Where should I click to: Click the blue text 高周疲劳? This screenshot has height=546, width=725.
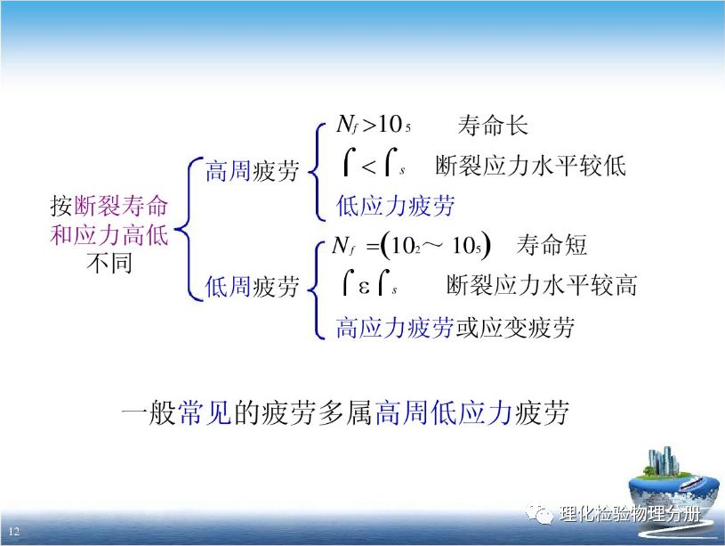[252, 170]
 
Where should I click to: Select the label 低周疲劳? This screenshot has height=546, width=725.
[252, 286]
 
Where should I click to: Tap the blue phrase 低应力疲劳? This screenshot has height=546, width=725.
[395, 206]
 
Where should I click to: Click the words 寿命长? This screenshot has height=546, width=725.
[493, 126]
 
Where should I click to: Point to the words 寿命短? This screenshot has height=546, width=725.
[552, 245]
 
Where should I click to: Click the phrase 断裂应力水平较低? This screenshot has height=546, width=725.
[530, 166]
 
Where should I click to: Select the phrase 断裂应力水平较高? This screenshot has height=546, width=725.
[542, 285]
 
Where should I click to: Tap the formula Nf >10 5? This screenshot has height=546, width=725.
[374, 125]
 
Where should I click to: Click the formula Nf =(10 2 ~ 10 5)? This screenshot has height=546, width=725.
[412, 246]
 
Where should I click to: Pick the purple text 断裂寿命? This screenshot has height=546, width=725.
[121, 206]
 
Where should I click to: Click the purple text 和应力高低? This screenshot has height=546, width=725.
[109, 234]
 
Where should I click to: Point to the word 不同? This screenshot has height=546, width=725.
[109, 263]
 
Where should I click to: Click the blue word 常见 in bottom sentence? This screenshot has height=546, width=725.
[205, 412]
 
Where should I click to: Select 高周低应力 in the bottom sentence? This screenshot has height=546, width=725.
[443, 412]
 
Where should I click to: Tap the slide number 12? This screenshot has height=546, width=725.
[14, 531]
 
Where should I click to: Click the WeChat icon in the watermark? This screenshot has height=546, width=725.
[540, 514]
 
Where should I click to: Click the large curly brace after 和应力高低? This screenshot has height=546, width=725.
[189, 229]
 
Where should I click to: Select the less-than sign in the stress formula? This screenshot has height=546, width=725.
[368, 167]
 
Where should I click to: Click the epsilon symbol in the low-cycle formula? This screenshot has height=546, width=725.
[364, 288]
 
